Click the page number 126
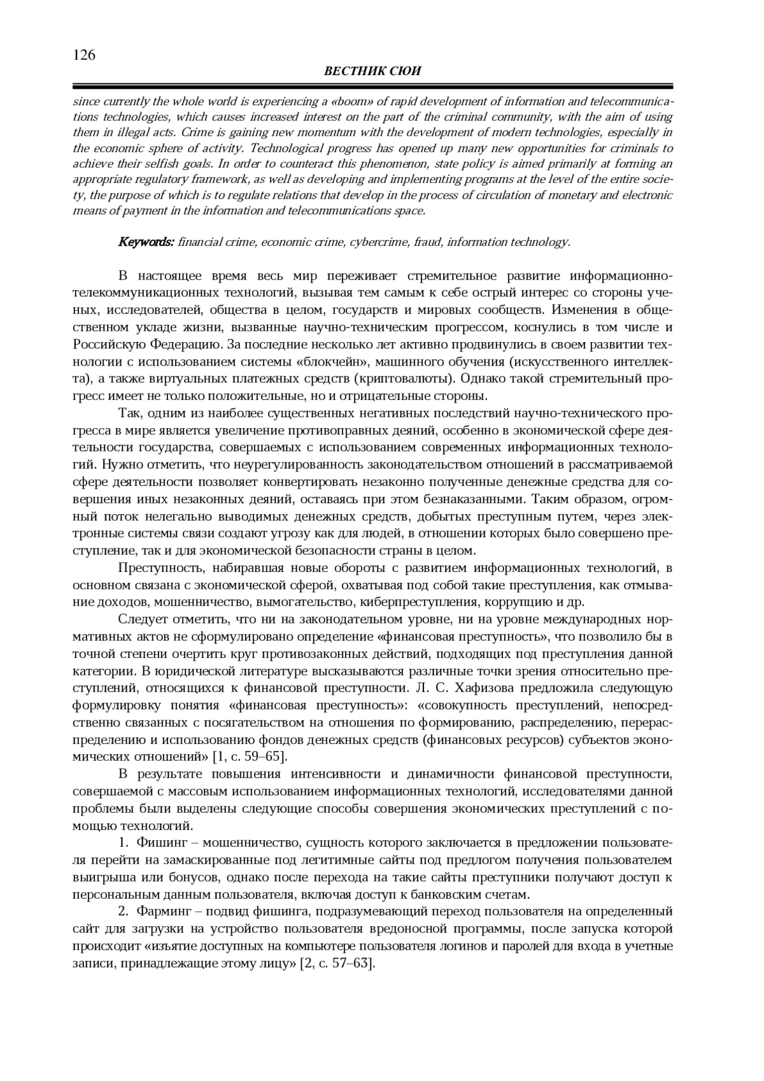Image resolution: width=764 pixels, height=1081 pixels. pyautogui.click(x=84, y=55)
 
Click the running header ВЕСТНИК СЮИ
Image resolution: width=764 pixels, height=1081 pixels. pyautogui.click(x=372, y=71)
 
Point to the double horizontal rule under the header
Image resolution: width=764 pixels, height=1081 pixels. pyautogui.click(x=372, y=86)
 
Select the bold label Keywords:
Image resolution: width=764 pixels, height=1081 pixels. pyautogui.click(x=146, y=242)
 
